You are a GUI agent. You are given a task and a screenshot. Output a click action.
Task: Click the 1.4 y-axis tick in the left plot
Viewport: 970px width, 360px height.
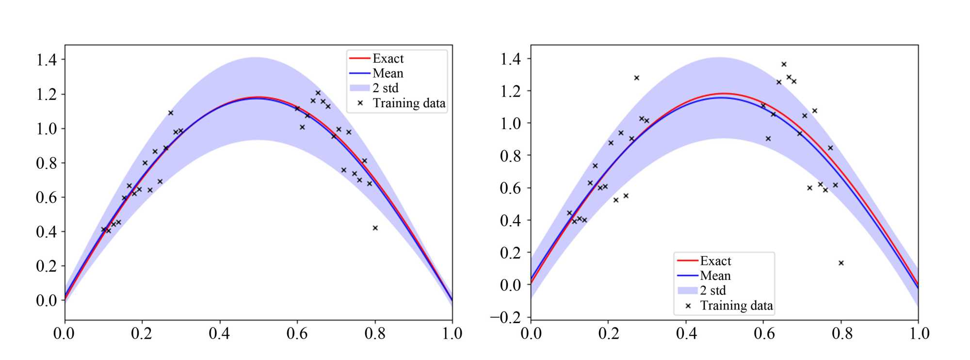[47, 60]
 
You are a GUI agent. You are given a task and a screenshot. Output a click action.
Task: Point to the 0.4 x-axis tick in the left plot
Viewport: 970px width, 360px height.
[219, 334]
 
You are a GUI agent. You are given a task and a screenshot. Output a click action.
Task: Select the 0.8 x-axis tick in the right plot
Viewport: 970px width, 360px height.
[841, 334]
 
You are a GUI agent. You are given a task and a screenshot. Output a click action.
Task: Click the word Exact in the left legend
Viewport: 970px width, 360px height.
[388, 59]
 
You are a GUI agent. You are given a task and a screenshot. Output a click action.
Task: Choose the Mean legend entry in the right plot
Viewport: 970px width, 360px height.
[715, 276]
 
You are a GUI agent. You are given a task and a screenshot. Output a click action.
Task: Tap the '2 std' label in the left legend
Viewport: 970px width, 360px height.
[385, 88]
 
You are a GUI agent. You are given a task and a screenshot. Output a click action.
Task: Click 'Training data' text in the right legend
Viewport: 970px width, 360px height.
[736, 305]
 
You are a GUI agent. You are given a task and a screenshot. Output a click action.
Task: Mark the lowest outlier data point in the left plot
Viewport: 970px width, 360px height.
[375, 228]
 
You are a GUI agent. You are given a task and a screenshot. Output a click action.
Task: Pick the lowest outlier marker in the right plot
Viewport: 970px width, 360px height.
[841, 263]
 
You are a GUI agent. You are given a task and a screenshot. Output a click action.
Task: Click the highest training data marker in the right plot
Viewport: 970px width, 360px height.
[784, 64]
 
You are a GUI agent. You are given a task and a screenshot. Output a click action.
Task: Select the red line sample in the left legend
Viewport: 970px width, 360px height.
[359, 59]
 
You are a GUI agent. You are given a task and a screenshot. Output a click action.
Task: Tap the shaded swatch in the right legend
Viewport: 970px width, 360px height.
[687, 291]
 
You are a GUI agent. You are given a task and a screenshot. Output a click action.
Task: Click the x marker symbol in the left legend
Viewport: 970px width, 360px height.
[360, 103]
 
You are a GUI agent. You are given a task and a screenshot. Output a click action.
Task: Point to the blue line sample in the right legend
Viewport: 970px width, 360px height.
[687, 276]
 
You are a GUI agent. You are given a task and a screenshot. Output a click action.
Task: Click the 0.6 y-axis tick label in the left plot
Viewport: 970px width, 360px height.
[47, 197]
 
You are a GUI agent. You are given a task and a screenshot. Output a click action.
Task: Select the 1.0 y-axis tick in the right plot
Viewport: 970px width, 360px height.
[510, 123]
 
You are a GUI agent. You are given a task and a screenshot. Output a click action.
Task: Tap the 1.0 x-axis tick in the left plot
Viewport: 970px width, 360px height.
[452, 334]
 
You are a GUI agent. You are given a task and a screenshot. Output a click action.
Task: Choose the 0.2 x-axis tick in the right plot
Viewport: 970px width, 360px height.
[608, 334]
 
